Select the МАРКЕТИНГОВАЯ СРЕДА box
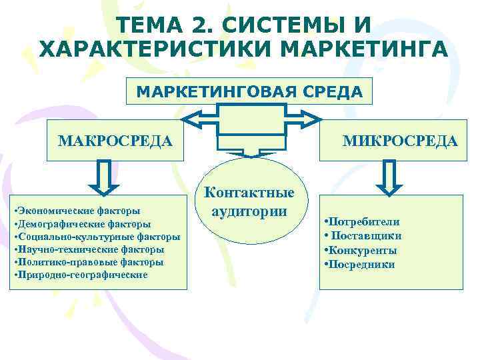(x=249, y=92)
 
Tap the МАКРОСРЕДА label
(x=115, y=141)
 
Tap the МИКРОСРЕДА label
(x=399, y=141)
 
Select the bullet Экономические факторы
(x=75, y=211)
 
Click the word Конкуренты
(x=363, y=251)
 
